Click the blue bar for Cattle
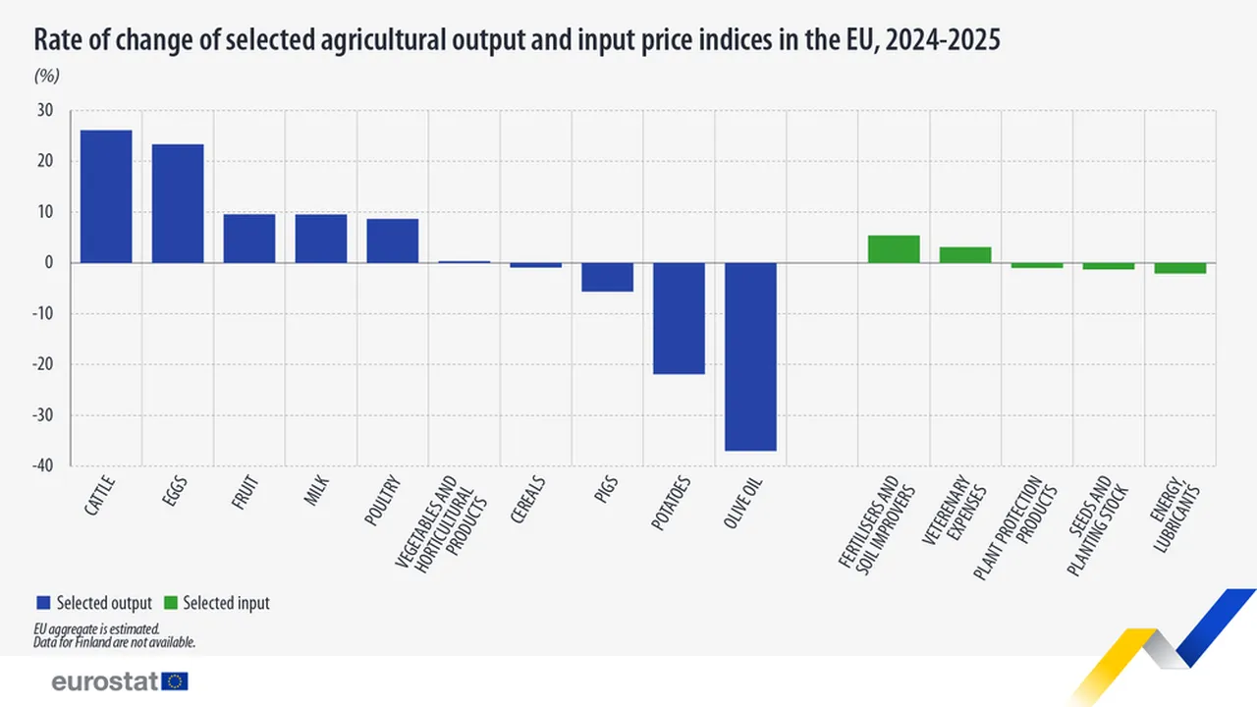106,196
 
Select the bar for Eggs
178,203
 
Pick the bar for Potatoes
680,318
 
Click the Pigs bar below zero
608,277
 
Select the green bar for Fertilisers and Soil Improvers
894,249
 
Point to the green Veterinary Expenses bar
965,255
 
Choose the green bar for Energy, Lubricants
1179,268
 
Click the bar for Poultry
393,241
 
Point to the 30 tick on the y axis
45,111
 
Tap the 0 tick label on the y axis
49,263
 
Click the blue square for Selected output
42,603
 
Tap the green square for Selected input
169,603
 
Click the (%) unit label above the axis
48,76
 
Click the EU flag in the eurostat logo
176,681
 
